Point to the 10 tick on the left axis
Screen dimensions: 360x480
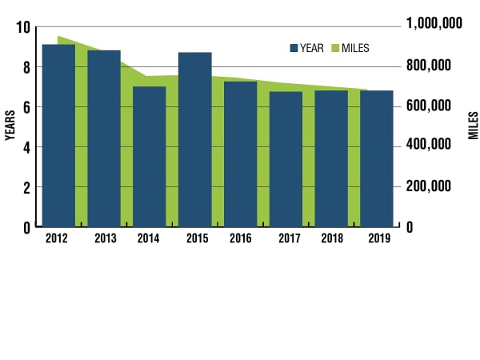coord(22,27)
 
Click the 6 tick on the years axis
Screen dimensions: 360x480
coord(26,107)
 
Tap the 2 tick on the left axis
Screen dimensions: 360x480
coord(26,187)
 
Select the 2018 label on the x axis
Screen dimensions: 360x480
coord(330,238)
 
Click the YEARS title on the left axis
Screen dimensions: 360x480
coord(10,126)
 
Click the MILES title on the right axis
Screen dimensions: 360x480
coord(471,126)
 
